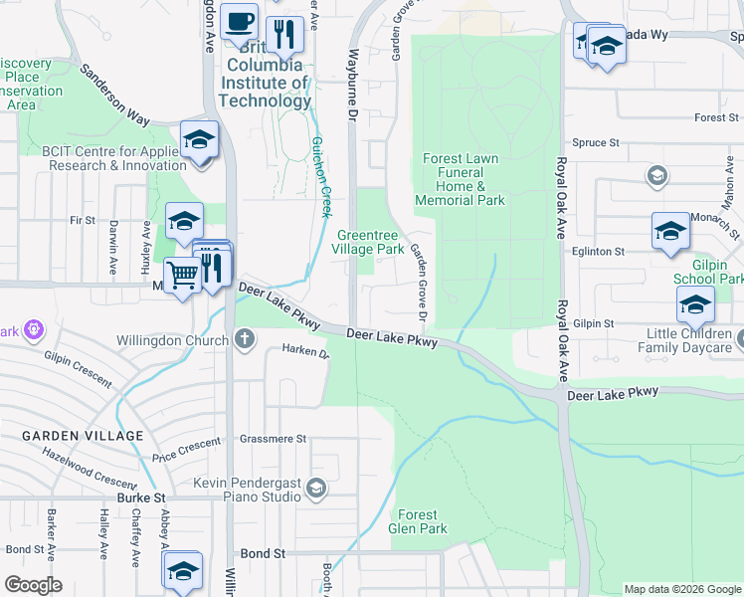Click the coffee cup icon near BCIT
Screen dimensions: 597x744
click(x=239, y=21)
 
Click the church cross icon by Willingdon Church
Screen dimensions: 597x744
click(x=245, y=339)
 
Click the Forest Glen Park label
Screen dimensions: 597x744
click(x=418, y=521)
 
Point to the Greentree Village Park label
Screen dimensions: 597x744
click(x=368, y=242)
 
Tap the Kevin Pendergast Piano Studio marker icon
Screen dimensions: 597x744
click(x=316, y=487)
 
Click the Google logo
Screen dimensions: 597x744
click(x=34, y=585)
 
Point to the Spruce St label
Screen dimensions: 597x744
click(x=596, y=143)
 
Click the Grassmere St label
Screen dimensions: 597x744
click(x=274, y=439)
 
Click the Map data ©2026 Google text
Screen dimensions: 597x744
click(x=681, y=589)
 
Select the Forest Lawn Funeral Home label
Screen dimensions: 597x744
click(x=461, y=179)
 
